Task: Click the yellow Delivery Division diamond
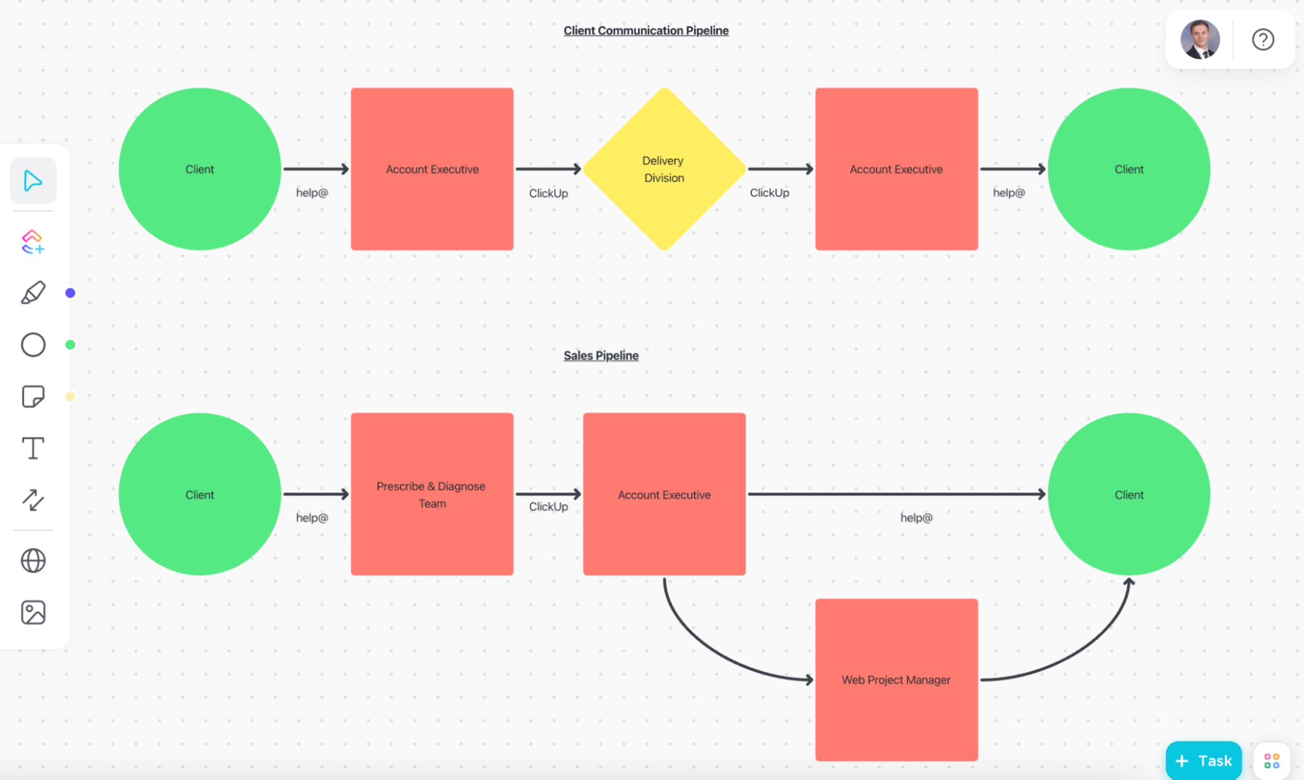pyautogui.click(x=663, y=169)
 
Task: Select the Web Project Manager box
pyautogui.click(x=896, y=680)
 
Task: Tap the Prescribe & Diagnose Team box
pyautogui.click(x=432, y=494)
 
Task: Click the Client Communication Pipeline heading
pyautogui.click(x=646, y=31)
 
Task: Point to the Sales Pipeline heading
pyautogui.click(x=601, y=355)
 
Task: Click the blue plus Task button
pyautogui.click(x=1203, y=760)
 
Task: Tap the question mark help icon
pyautogui.click(x=1262, y=40)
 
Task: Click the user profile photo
pyautogui.click(x=1199, y=40)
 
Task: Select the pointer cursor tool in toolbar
pyautogui.click(x=33, y=181)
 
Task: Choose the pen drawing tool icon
pyautogui.click(x=33, y=293)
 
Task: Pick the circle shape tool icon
pyautogui.click(x=33, y=344)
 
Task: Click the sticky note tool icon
pyautogui.click(x=33, y=397)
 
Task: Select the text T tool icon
pyautogui.click(x=33, y=449)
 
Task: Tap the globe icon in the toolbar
pyautogui.click(x=33, y=560)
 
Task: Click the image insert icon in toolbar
pyautogui.click(x=33, y=612)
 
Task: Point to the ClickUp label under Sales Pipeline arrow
pyautogui.click(x=548, y=507)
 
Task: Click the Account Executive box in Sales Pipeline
pyautogui.click(x=663, y=494)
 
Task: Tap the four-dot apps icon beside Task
pyautogui.click(x=1271, y=760)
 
